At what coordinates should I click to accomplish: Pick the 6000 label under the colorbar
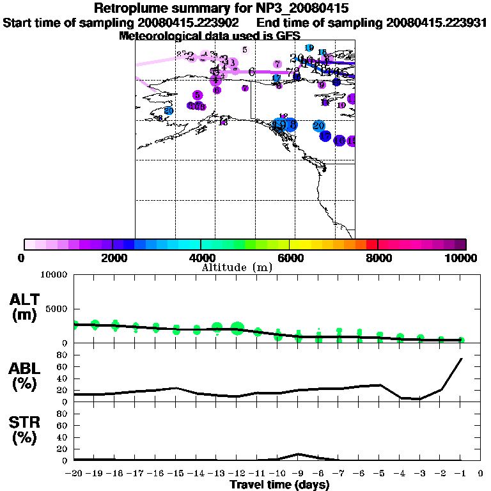tap(290, 258)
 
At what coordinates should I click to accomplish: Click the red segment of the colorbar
tap(371, 244)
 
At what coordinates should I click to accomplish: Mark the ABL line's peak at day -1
tap(462, 359)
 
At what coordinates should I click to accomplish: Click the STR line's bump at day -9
tap(299, 454)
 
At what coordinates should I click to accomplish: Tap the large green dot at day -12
tap(237, 329)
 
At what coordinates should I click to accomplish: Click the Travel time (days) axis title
tap(279, 485)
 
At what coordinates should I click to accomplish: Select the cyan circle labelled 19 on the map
tap(309, 48)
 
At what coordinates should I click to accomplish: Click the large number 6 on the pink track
tap(252, 72)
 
